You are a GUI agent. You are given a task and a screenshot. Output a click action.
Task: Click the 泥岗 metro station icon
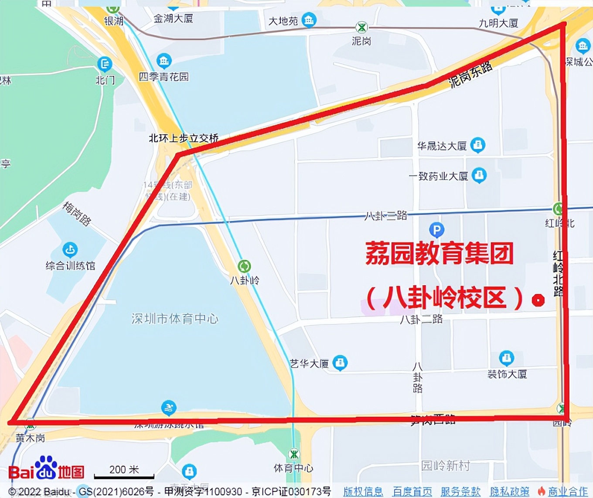[361, 27]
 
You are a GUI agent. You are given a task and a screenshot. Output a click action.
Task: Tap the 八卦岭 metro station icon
[244, 266]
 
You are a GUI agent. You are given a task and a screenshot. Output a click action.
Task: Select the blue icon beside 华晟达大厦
[478, 145]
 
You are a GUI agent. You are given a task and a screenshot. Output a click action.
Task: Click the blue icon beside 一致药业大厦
[479, 175]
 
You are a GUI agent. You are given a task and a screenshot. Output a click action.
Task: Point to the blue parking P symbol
[436, 229]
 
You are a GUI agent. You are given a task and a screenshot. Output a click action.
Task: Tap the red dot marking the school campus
[538, 300]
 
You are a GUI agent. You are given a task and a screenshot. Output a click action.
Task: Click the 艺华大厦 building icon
[340, 362]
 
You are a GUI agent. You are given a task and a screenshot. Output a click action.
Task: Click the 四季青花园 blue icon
[164, 61]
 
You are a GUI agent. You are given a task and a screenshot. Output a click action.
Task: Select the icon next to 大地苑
[309, 20]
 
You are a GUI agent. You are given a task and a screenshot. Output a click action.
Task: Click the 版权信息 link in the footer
[363, 491]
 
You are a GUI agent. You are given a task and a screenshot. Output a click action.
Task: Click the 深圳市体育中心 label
[175, 319]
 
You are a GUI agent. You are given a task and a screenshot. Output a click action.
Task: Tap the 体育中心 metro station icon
[294, 454]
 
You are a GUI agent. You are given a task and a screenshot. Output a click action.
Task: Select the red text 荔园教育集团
[439, 253]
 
